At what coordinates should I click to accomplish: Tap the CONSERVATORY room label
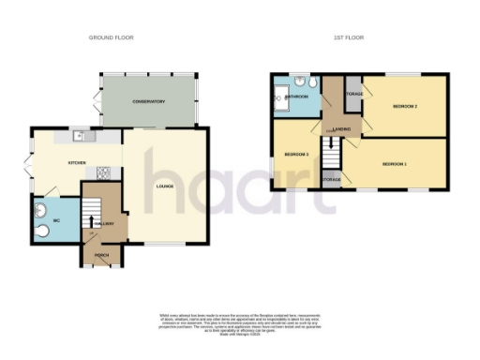point(148,101)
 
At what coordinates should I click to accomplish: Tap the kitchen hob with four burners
point(104,172)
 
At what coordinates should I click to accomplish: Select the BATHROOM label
point(298,96)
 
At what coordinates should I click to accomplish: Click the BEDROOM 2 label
point(404,106)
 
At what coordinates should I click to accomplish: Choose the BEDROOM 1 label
point(395,164)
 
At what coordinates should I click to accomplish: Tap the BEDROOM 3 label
point(296,153)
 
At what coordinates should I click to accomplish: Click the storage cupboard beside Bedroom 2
point(354,94)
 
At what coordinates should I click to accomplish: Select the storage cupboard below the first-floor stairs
point(331,178)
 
